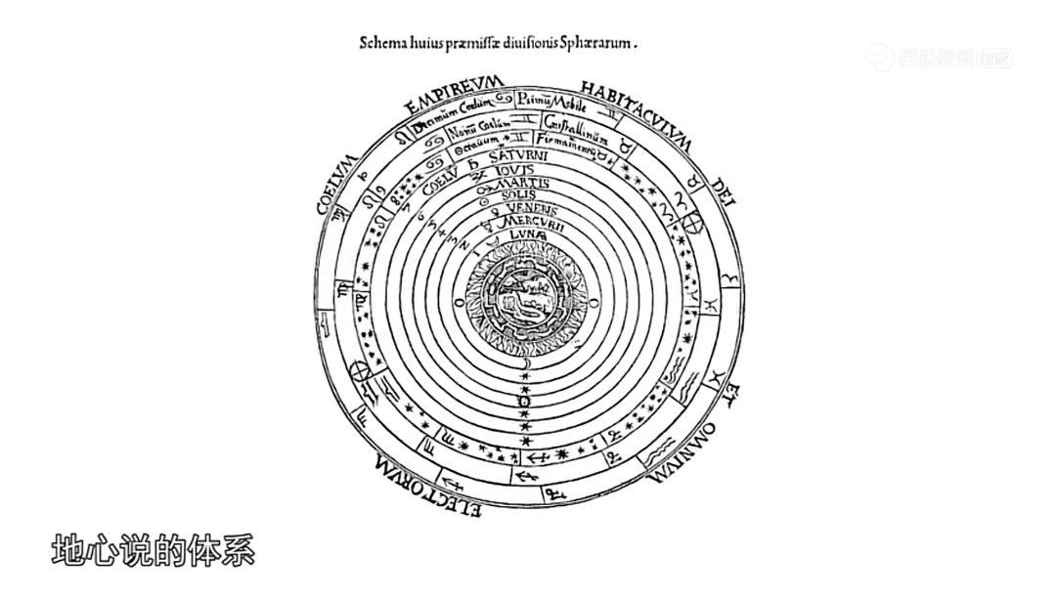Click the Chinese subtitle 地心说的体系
[153, 549]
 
